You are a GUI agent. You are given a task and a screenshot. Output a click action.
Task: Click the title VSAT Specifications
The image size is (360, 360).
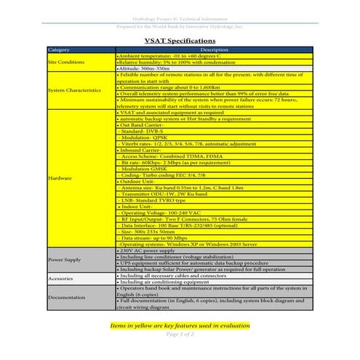(x=180, y=41)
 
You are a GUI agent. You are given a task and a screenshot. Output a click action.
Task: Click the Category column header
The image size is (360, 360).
(x=59, y=49)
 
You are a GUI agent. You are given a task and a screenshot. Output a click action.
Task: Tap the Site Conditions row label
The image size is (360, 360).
(x=66, y=62)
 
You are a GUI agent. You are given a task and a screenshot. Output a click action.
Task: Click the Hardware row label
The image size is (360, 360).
(x=60, y=177)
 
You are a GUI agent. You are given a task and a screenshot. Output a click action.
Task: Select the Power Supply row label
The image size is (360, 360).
(x=64, y=259)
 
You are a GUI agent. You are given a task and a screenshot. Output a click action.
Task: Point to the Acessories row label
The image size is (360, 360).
(x=60, y=279)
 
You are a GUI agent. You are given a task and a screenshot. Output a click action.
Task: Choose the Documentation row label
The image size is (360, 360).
(x=66, y=297)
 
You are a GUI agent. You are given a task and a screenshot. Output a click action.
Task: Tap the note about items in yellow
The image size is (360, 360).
(x=180, y=325)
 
